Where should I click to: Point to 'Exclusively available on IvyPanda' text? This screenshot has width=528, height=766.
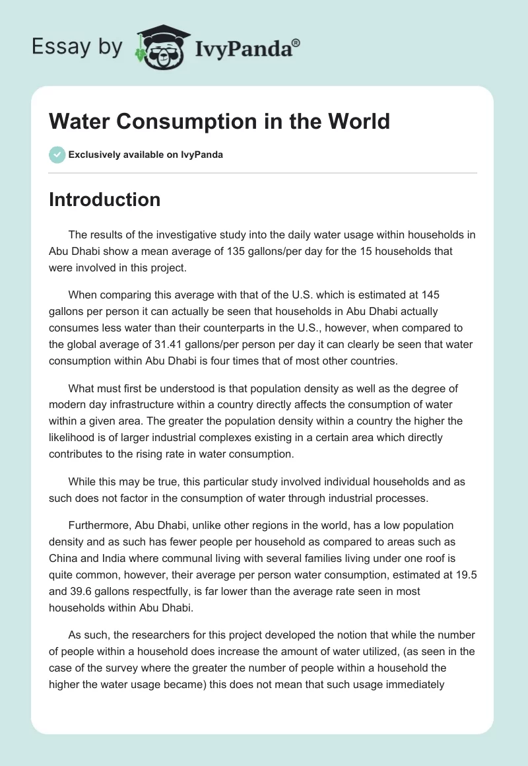tap(145, 155)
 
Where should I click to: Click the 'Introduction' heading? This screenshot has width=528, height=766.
tap(104, 199)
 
